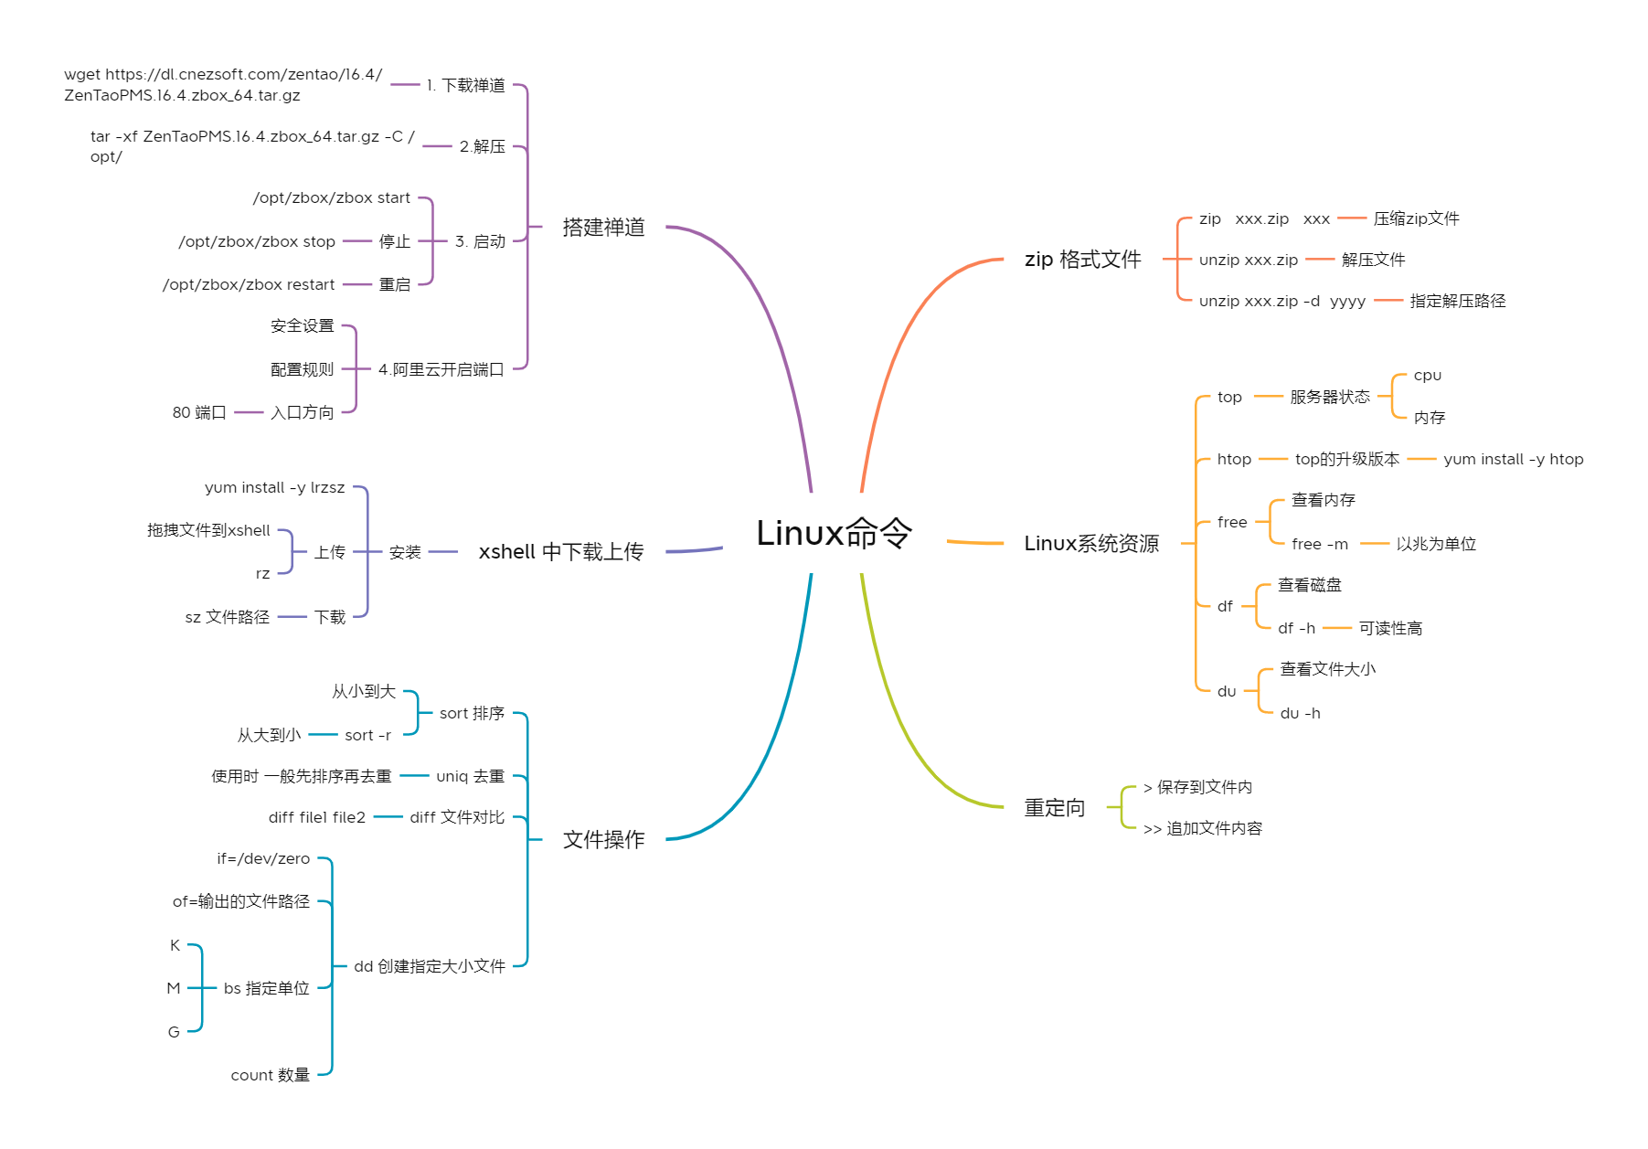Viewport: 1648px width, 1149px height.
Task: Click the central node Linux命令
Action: [x=834, y=533]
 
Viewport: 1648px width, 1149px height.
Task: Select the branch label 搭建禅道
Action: [x=603, y=227]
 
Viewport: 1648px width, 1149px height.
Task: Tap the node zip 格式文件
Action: [x=1082, y=260]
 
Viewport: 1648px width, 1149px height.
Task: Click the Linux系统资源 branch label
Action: [x=1091, y=544]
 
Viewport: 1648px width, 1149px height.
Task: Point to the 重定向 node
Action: [x=1055, y=808]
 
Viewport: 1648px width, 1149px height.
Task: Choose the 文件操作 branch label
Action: [x=603, y=839]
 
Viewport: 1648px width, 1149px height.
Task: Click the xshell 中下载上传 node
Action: [x=561, y=552]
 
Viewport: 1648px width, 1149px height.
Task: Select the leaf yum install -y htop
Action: [x=1513, y=459]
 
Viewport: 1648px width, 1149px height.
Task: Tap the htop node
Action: [x=1234, y=459]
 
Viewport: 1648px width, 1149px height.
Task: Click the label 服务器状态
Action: [x=1330, y=397]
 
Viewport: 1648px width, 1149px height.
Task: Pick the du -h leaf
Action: [x=1300, y=713]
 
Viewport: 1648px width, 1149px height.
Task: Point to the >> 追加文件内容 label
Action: [x=1202, y=828]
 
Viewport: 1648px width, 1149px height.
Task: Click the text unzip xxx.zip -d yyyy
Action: [x=1281, y=301]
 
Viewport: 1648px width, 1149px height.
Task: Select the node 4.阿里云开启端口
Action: [x=441, y=369]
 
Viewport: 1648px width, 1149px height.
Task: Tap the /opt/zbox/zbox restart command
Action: [x=249, y=284]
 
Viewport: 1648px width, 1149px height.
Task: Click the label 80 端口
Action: [x=199, y=412]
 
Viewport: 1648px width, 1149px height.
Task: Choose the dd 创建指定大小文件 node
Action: [x=430, y=966]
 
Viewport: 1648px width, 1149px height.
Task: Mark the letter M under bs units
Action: [x=174, y=988]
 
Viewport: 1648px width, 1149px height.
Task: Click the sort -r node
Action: [x=367, y=735]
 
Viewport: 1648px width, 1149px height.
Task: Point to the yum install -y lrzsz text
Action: [x=274, y=487]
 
